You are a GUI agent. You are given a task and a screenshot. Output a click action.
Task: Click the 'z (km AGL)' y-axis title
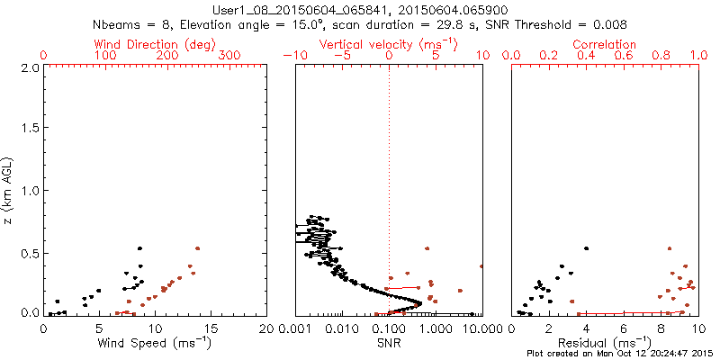(x=8, y=189)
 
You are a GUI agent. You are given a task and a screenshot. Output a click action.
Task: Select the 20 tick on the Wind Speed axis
(x=267, y=328)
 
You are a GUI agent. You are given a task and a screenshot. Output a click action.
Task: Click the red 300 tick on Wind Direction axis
(x=231, y=56)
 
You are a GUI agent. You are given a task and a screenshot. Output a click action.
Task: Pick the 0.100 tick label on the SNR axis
(x=390, y=328)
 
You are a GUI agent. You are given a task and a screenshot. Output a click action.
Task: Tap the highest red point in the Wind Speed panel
(x=197, y=248)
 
